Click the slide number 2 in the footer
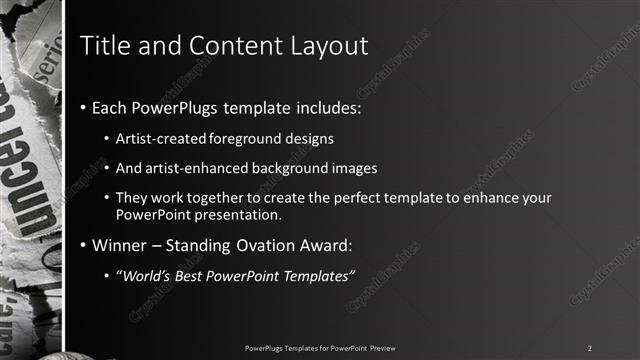[x=589, y=347]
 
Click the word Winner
[x=119, y=246]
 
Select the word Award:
[x=327, y=246]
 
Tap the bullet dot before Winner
[x=83, y=246]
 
